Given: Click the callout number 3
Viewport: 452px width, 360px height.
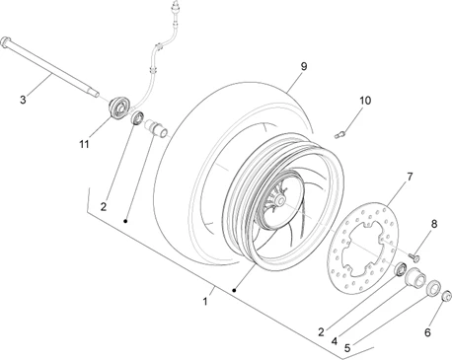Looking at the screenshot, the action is point(23,100).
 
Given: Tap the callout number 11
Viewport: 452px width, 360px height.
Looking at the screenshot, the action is point(84,144).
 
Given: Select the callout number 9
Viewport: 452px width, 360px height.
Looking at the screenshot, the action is point(304,66).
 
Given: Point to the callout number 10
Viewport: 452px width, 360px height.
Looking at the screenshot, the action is point(365,101).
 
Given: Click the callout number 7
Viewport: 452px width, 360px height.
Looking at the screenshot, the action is point(410,177).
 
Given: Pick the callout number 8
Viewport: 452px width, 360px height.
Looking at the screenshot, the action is point(434,224).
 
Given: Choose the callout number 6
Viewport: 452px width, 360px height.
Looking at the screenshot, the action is point(427,332).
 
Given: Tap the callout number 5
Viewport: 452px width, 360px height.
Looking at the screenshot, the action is point(347,347).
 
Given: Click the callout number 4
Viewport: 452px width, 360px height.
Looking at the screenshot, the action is point(335,341).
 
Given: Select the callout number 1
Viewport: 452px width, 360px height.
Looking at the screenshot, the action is point(205,301).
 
